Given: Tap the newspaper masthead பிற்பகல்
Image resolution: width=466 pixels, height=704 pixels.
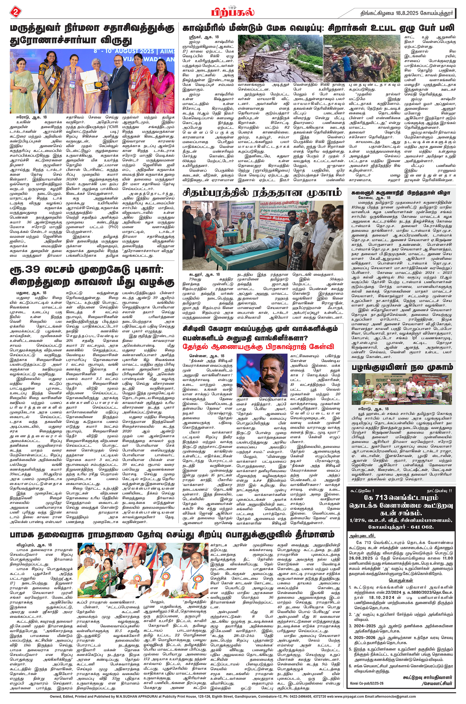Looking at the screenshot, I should (x=233, y=13).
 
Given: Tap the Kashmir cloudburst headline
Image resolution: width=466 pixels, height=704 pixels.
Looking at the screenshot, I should (x=318, y=28).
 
